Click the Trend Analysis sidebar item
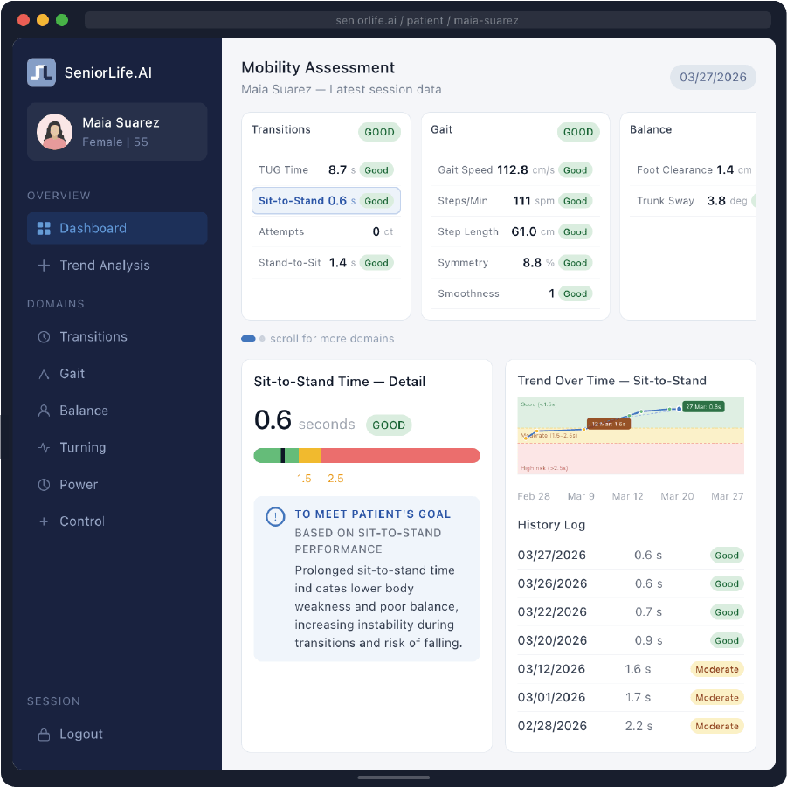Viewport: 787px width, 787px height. tap(104, 266)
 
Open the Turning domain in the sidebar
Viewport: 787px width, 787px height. tap(82, 447)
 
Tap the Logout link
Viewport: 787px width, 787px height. tap(80, 735)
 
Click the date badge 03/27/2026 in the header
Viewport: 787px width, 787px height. tap(713, 77)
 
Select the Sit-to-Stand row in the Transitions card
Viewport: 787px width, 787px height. tap(326, 201)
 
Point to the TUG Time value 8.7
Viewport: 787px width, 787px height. tap(337, 170)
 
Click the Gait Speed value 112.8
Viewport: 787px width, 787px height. tap(513, 170)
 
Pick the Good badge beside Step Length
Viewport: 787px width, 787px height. tap(575, 232)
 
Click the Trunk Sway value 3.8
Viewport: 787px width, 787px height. tap(716, 201)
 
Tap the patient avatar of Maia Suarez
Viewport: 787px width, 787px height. tap(54, 132)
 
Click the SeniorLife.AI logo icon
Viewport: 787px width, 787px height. tap(41, 72)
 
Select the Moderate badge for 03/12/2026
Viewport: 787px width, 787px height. tap(716, 670)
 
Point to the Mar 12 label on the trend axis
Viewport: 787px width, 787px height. tap(627, 496)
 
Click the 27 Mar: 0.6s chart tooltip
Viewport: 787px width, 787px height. tap(703, 407)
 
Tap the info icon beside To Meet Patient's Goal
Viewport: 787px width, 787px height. tap(274, 517)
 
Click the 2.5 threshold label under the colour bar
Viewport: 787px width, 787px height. tap(335, 479)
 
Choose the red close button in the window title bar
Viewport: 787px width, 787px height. tap(23, 20)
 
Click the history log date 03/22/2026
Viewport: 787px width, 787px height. tap(551, 612)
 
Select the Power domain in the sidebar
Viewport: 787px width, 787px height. tap(79, 485)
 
